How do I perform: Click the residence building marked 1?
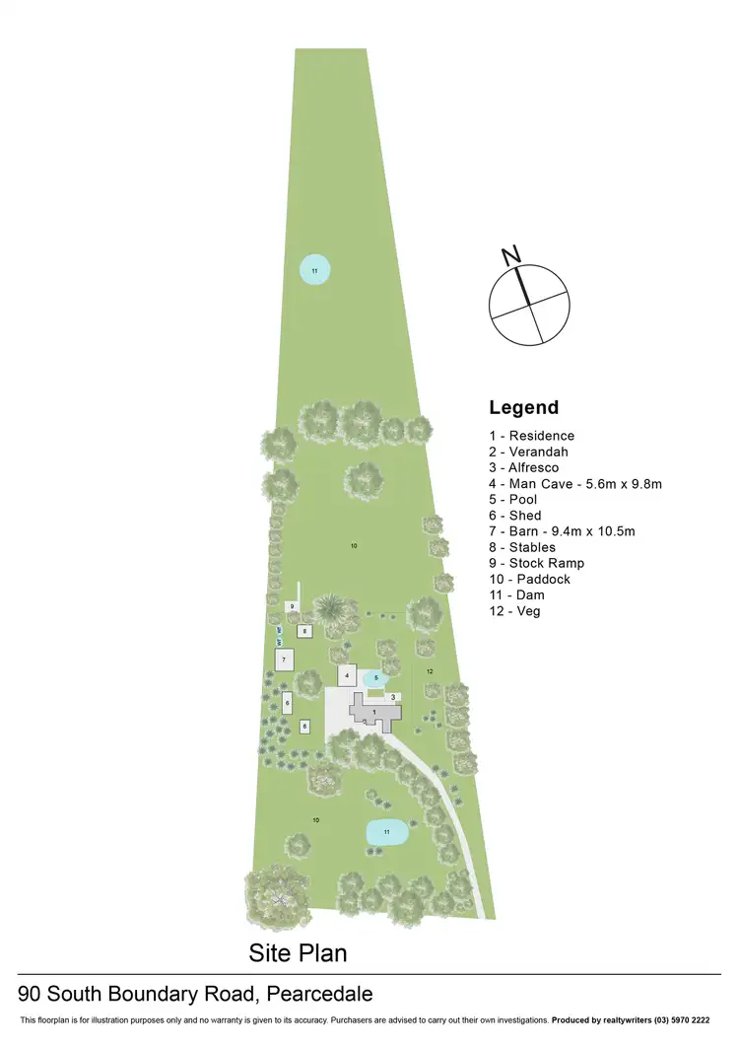[374, 712]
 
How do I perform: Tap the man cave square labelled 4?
[347, 675]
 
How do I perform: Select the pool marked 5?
[376, 678]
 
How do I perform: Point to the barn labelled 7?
[284, 659]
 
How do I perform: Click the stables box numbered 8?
[305, 630]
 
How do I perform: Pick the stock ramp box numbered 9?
[292, 605]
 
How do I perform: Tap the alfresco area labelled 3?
[393, 697]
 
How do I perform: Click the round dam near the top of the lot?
[314, 270]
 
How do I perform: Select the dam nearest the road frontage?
[387, 833]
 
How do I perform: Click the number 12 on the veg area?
[430, 670]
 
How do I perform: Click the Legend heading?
[523, 407]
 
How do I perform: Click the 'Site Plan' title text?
[298, 953]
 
